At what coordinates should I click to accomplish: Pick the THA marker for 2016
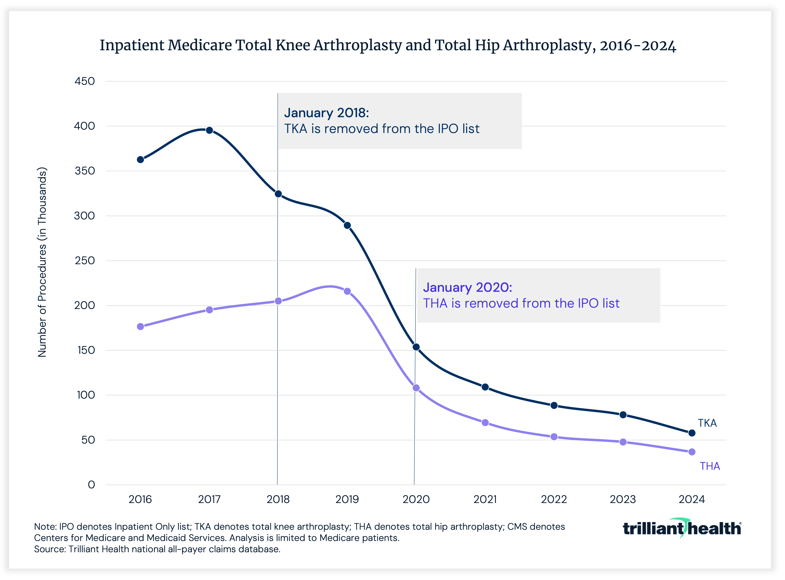pos(140,327)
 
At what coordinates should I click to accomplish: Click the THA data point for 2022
pos(554,437)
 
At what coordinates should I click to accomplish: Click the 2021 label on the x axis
pos(485,499)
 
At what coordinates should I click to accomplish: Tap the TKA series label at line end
pos(707,423)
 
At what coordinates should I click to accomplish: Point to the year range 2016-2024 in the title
pos(637,46)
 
